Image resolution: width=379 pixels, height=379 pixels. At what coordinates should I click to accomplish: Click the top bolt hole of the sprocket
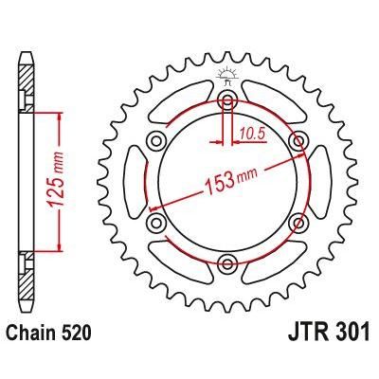pyautogui.click(x=227, y=100)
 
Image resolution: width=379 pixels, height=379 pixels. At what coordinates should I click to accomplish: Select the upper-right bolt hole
pyautogui.click(x=299, y=141)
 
